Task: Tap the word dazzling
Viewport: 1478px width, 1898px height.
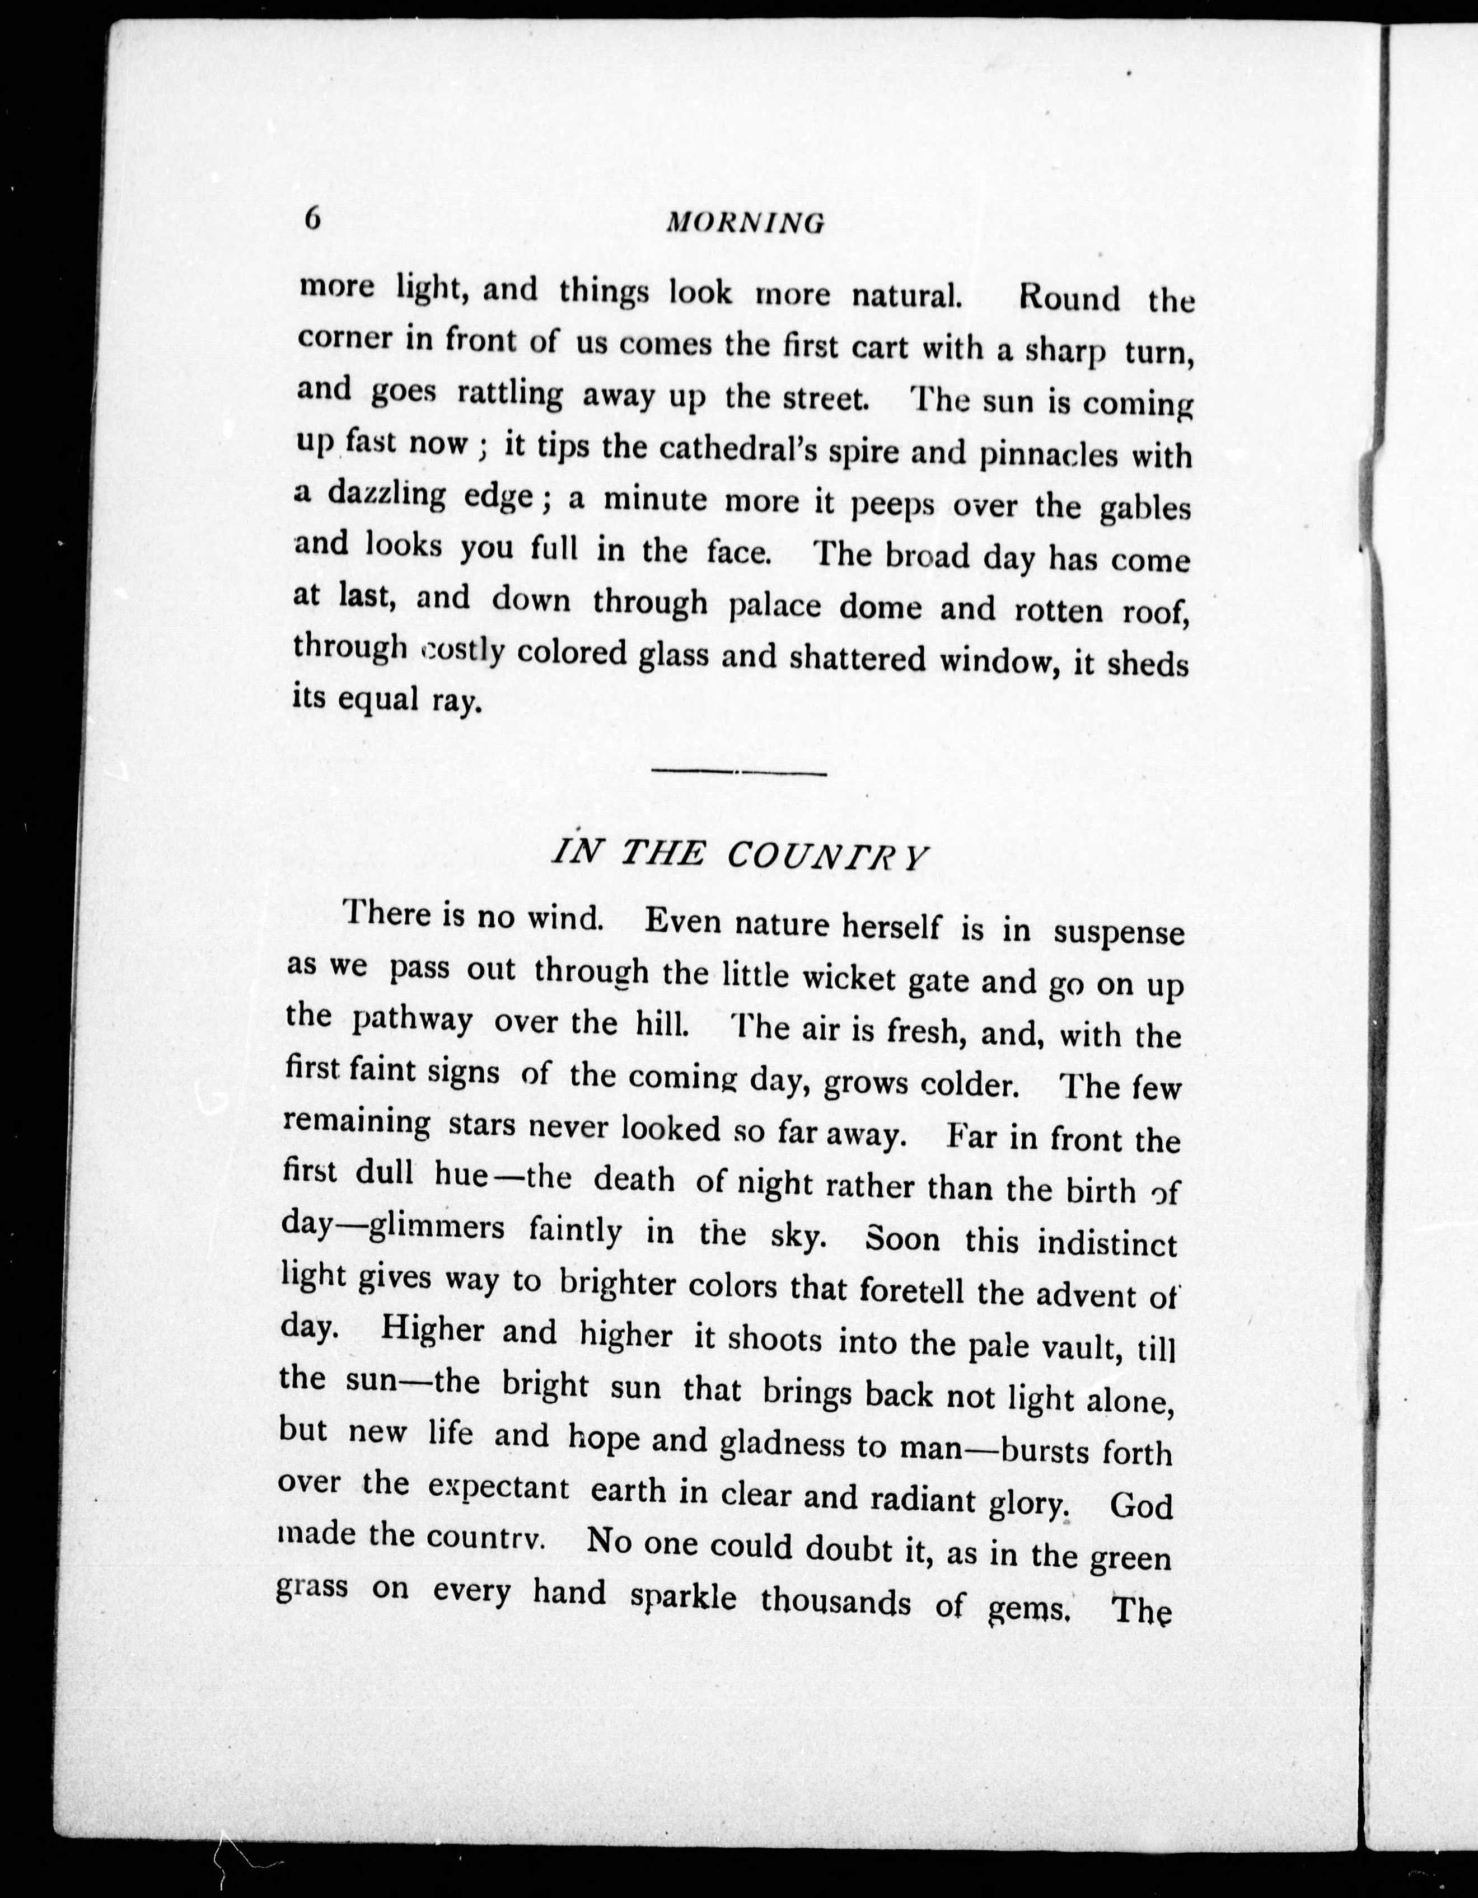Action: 386,495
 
